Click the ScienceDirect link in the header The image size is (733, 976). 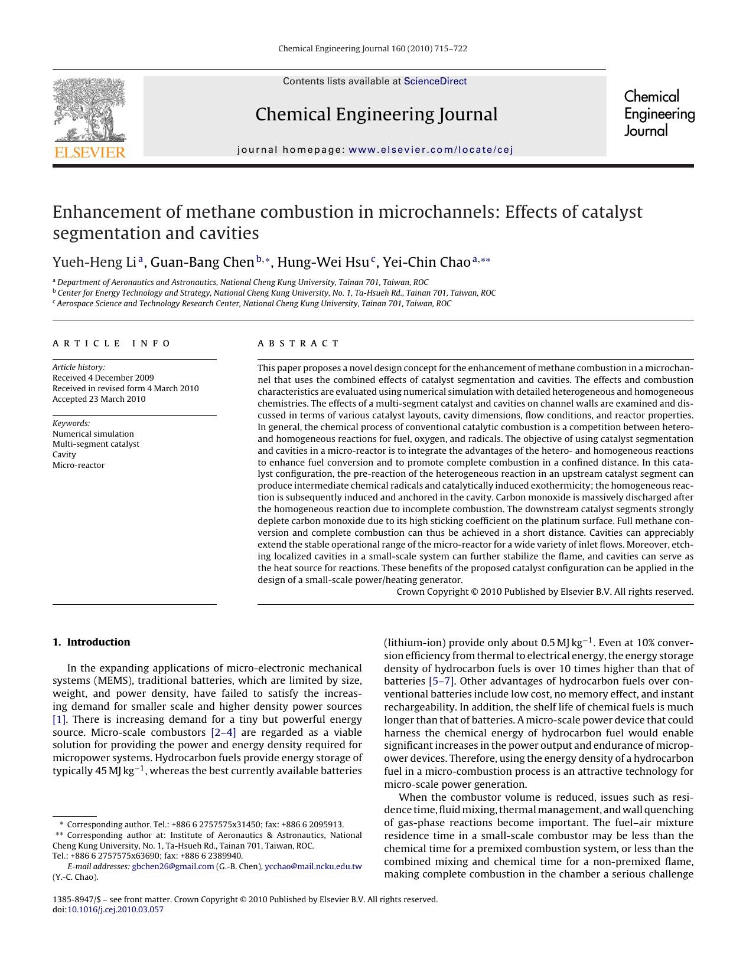pyautogui.click(x=435, y=81)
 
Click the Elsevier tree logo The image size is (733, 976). pyautogui.click(x=89, y=110)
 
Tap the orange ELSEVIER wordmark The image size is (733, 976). pyautogui.click(x=90, y=153)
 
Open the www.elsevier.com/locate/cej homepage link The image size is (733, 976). pyautogui.click(x=431, y=149)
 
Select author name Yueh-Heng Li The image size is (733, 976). pyautogui.click(x=95, y=262)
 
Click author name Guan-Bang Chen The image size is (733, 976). pyautogui.click(x=202, y=262)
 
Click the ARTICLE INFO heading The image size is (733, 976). pyautogui.click(x=111, y=343)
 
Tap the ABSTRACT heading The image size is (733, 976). pyautogui.click(x=298, y=343)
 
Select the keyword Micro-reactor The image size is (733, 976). pyautogui.click(x=79, y=465)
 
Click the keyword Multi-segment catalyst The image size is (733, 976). pyautogui.click(x=96, y=444)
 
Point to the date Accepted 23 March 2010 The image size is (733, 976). pyautogui.click(x=99, y=399)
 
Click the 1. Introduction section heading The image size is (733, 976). pyautogui.click(x=92, y=642)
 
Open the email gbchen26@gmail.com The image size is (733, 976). pyautogui.click(x=172, y=866)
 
